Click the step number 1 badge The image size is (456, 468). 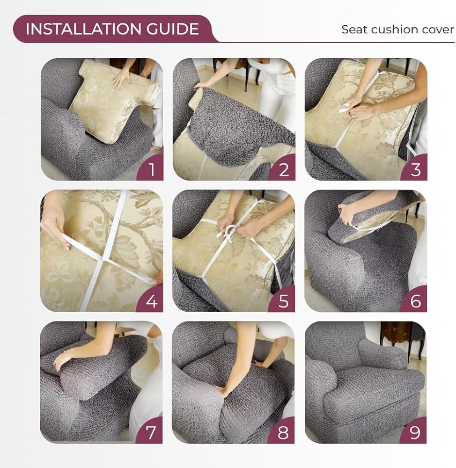151,168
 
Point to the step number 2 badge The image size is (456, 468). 283,168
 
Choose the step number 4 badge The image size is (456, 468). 151,300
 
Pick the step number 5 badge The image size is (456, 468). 283,300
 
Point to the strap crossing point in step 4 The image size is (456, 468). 103,260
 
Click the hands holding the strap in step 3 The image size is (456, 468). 358,108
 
